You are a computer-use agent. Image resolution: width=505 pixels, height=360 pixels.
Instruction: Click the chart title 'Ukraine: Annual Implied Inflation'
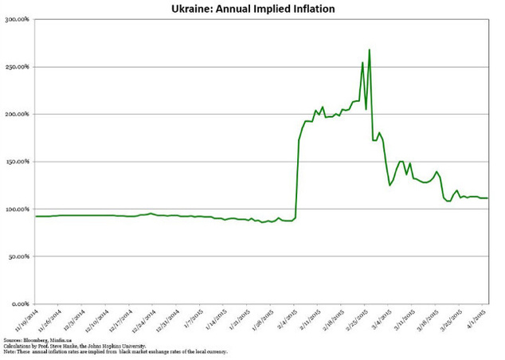tap(252, 10)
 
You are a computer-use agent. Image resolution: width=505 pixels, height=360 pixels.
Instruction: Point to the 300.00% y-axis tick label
tap(17, 20)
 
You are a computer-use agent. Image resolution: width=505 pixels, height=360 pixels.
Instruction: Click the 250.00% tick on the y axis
tap(17, 67)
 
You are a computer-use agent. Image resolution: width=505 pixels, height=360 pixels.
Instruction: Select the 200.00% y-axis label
tap(17, 115)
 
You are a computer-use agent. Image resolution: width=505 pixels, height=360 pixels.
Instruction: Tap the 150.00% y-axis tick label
tap(17, 162)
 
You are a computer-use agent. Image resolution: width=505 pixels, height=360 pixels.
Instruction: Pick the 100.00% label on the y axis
tap(17, 209)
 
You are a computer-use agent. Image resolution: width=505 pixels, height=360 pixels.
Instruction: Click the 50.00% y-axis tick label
tap(18, 256)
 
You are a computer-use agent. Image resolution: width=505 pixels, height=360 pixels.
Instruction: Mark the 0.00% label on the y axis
tap(20, 304)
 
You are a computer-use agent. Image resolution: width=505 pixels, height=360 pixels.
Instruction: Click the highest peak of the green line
tap(370, 50)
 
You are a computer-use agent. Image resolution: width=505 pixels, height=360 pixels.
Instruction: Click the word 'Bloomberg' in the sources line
tap(41, 339)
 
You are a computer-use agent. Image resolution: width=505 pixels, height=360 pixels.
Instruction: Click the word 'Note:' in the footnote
tap(10, 351)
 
